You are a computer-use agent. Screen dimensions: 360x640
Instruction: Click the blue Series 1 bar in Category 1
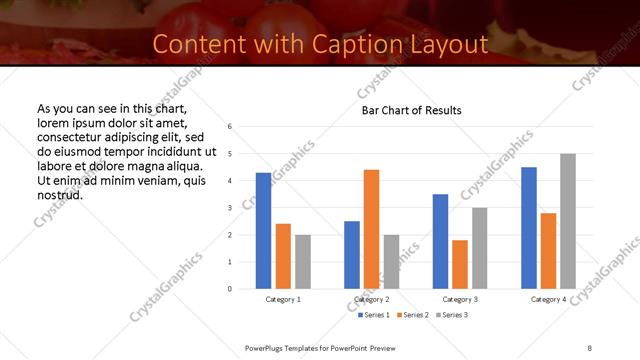pyautogui.click(x=263, y=231)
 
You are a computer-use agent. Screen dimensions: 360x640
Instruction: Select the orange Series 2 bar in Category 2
pyautogui.click(x=371, y=229)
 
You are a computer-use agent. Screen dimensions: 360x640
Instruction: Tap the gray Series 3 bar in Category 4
pyautogui.click(x=568, y=221)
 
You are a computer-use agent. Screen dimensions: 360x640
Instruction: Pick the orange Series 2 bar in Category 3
pyautogui.click(x=460, y=264)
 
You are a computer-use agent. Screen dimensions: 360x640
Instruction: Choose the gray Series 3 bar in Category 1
pyautogui.click(x=302, y=262)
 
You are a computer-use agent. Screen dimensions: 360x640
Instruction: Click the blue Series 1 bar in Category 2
pyautogui.click(x=352, y=255)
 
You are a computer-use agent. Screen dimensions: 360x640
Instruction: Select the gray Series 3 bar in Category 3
pyautogui.click(x=479, y=248)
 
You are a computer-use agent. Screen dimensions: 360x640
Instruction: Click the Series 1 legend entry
pyautogui.click(x=374, y=315)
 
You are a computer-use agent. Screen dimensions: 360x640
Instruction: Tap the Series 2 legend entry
pyautogui.click(x=412, y=315)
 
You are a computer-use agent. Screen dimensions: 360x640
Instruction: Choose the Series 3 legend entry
pyautogui.click(x=451, y=315)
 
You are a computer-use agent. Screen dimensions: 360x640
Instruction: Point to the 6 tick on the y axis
pyautogui.click(x=230, y=127)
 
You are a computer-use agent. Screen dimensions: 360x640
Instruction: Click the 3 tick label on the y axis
pyautogui.click(x=230, y=208)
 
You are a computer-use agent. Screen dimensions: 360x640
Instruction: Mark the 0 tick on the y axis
pyautogui.click(x=230, y=289)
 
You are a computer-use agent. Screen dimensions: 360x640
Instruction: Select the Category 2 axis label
pyautogui.click(x=372, y=300)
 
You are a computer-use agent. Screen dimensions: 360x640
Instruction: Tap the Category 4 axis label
pyautogui.click(x=548, y=300)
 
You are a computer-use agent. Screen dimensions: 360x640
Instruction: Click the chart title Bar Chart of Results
pyautogui.click(x=411, y=110)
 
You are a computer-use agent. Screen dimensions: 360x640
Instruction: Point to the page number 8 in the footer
pyautogui.click(x=590, y=347)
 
